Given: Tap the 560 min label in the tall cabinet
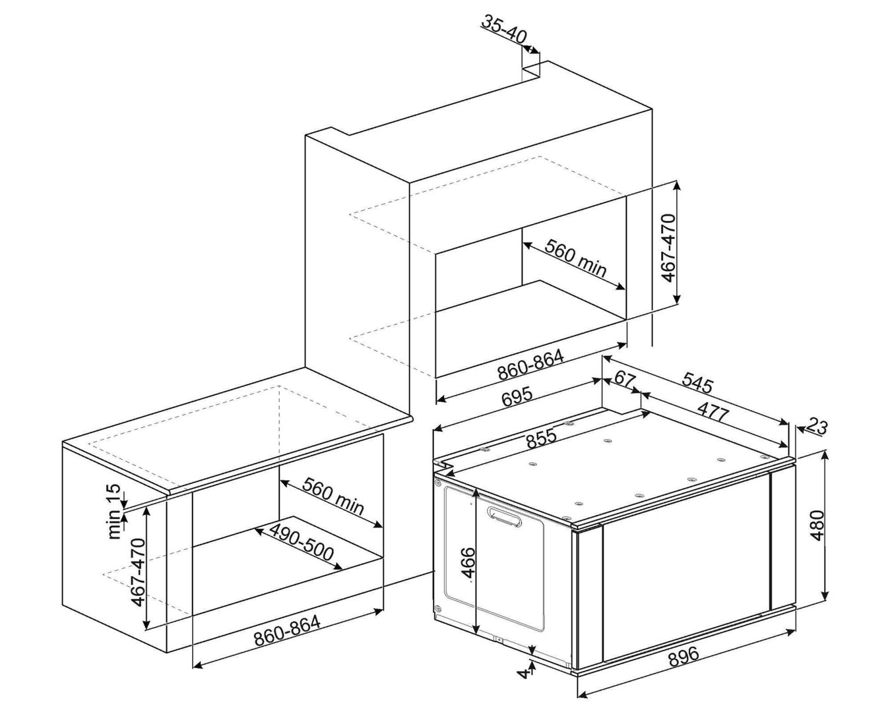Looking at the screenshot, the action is point(575,258).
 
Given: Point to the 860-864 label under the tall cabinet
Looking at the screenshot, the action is point(530,365).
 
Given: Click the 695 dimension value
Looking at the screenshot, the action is point(517,397).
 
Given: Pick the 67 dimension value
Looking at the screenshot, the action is point(625,378).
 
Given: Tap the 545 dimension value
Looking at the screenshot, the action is point(698,382).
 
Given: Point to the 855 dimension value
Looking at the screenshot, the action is point(542,438).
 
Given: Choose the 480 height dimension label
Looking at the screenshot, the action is point(817,525).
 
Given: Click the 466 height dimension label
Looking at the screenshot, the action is point(468,563).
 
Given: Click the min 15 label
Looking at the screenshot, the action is point(116,512).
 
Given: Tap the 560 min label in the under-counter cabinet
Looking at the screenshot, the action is point(333,496).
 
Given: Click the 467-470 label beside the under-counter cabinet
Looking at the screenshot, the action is point(139,572).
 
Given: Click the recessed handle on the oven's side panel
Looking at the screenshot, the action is point(504,517).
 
